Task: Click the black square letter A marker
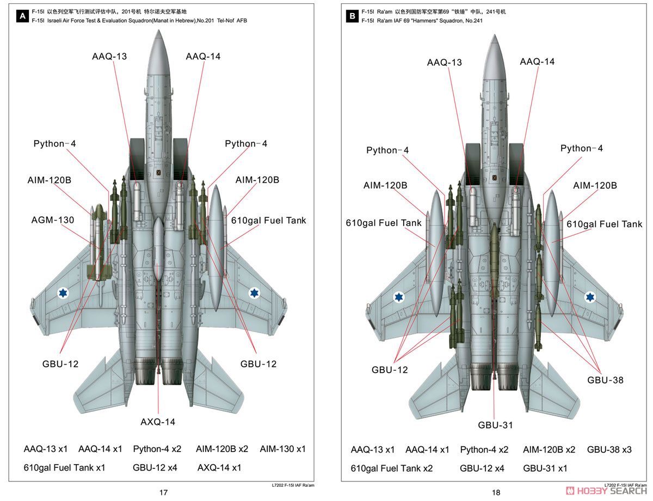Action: click(22, 16)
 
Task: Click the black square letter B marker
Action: click(352, 16)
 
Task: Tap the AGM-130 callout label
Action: click(53, 220)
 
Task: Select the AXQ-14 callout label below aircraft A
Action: click(158, 422)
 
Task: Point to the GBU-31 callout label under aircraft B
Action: click(495, 425)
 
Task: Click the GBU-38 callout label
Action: click(605, 380)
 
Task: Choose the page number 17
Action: click(163, 493)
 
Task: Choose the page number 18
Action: click(496, 493)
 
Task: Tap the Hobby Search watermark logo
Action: click(606, 491)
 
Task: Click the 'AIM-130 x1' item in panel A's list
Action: click(282, 449)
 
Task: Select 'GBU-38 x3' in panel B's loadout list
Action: click(609, 450)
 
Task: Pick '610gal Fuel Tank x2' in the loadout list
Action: click(392, 468)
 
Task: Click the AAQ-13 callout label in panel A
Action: click(109, 57)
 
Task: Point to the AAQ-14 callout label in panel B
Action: click(537, 61)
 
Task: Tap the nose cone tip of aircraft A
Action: click(159, 30)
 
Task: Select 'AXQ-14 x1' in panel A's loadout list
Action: click(219, 468)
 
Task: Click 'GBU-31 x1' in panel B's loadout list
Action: click(545, 468)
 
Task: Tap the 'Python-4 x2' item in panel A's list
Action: click(157, 449)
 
